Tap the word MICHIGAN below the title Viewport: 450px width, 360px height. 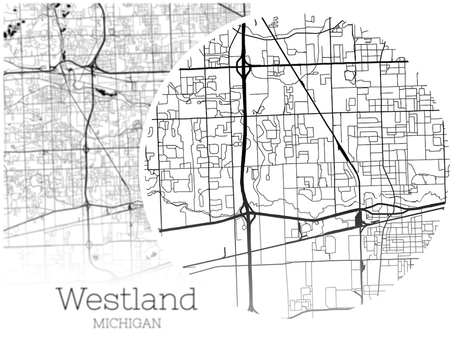click(127, 323)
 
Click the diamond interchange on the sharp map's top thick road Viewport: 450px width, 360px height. click(244, 67)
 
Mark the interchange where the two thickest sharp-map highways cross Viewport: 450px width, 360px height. click(248, 215)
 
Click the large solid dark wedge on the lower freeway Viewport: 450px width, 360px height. click(358, 219)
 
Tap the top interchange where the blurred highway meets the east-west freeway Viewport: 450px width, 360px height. click(94, 66)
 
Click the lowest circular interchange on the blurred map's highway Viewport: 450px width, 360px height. click(89, 245)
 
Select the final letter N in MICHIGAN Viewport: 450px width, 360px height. click(156, 323)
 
